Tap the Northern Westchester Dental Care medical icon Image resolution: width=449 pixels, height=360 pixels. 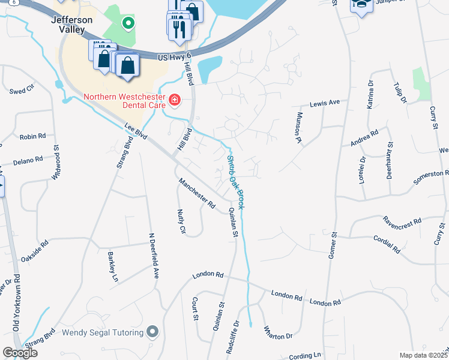(175, 99)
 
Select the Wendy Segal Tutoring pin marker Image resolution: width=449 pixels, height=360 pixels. (152, 331)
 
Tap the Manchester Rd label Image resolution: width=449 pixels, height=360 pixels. (196, 193)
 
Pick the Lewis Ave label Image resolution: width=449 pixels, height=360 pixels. (325, 103)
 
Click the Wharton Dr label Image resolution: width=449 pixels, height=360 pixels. (277, 336)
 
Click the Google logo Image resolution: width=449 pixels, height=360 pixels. (20, 353)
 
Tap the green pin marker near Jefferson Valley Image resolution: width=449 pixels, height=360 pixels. (127, 23)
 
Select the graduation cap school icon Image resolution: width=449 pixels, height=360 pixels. (361, 6)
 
